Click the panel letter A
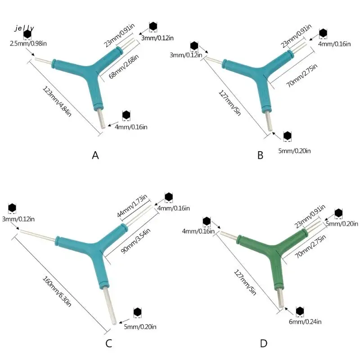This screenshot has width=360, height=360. (95, 155)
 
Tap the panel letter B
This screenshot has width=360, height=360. (260, 155)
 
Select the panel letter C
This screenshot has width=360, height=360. (108, 344)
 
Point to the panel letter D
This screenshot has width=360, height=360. (264, 344)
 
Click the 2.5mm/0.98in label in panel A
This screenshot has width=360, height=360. (27, 43)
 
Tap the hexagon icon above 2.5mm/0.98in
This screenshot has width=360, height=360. (28, 34)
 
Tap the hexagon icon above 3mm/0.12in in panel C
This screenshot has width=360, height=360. (12, 208)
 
